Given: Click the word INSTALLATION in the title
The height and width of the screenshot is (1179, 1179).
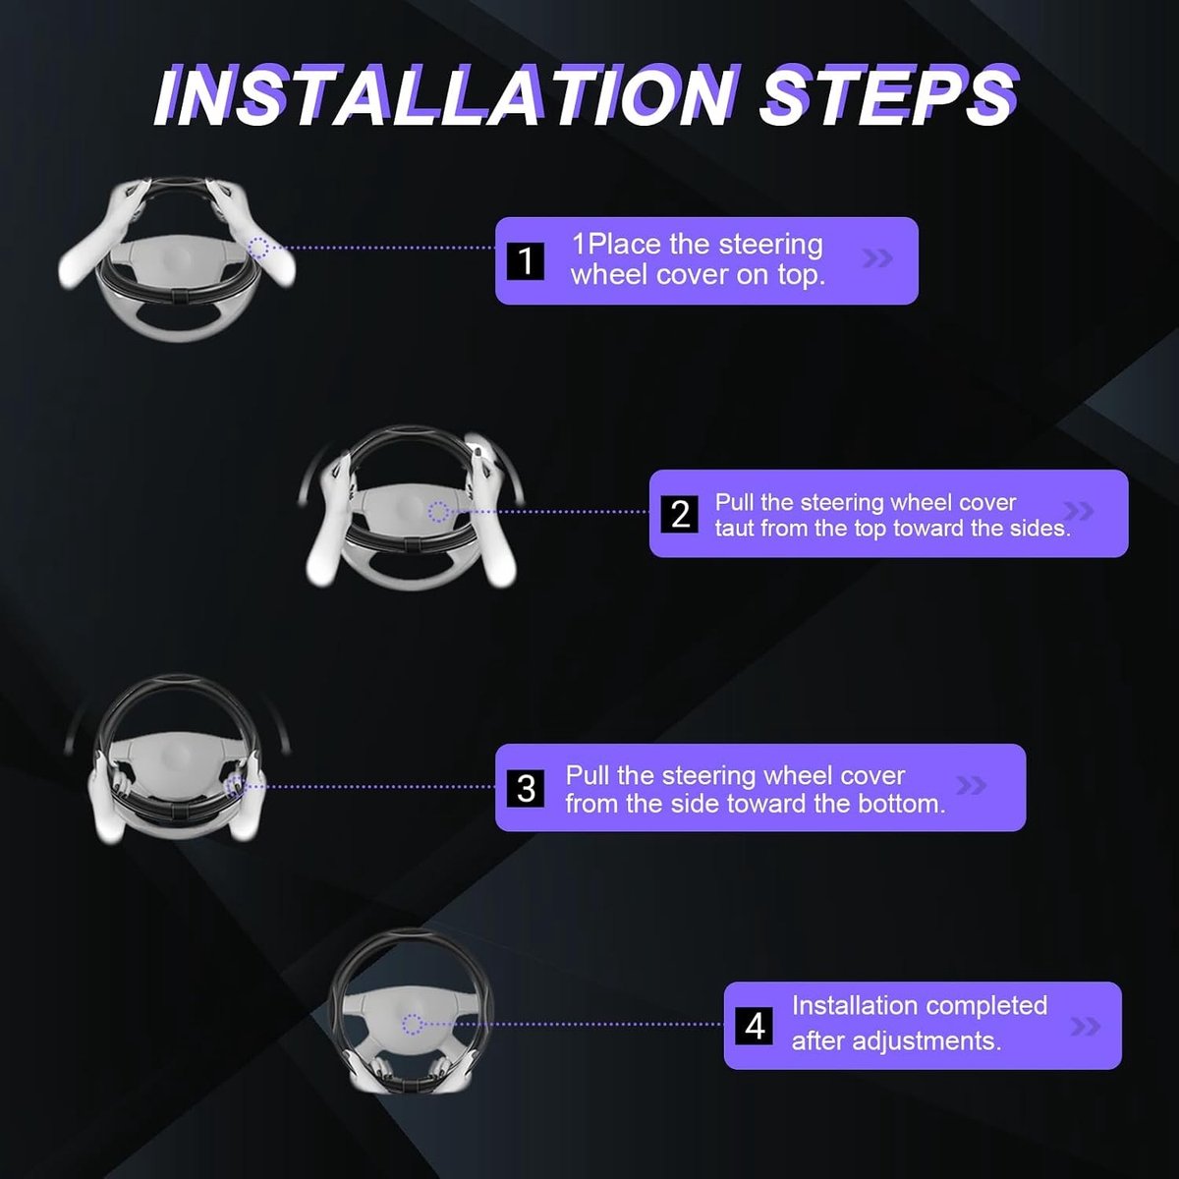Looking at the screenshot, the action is click(445, 95).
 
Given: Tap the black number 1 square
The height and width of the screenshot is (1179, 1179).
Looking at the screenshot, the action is click(526, 261).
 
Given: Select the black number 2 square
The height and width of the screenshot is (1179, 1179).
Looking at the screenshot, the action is click(680, 514).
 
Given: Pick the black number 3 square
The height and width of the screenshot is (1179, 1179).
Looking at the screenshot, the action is click(526, 788).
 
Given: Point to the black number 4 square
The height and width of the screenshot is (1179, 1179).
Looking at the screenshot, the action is click(755, 1026).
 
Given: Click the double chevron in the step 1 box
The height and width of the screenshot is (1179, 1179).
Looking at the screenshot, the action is click(877, 258).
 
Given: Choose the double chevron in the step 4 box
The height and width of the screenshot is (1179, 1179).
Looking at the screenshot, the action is click(1086, 1027).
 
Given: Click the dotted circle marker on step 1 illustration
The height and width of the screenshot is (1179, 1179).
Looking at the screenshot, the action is click(259, 248).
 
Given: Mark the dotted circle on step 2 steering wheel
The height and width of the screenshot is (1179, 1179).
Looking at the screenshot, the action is click(438, 512).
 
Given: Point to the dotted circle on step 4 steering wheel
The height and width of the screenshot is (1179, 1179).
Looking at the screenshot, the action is click(413, 1024).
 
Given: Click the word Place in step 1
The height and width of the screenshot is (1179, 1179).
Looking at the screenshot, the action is click(622, 244).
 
